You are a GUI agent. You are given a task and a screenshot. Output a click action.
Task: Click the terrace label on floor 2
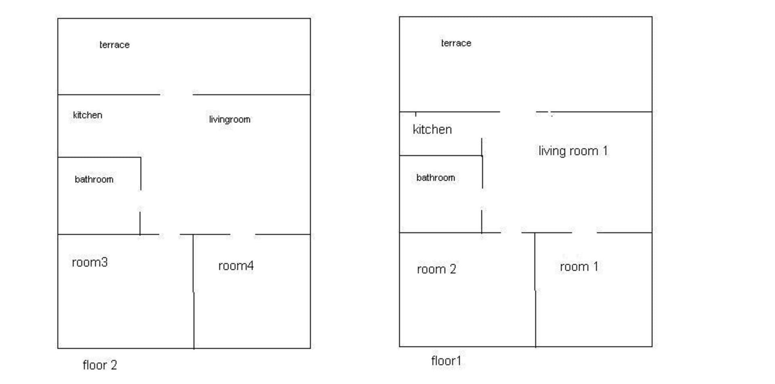click(114, 45)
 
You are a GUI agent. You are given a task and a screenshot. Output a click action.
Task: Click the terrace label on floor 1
click(456, 43)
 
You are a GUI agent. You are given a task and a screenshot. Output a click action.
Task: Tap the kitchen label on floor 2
click(88, 115)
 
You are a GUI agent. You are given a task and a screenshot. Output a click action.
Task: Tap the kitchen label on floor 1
click(432, 129)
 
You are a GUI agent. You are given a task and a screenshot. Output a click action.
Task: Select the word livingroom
click(230, 119)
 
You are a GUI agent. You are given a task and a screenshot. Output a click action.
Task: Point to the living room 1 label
click(573, 151)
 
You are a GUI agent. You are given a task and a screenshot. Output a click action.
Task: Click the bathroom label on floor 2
click(94, 179)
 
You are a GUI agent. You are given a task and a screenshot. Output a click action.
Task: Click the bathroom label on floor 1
click(436, 178)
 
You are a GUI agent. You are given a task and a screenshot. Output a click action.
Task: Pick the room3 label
click(90, 262)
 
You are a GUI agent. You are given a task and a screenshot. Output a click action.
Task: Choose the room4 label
click(236, 266)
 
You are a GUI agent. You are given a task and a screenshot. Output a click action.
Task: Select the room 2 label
click(436, 269)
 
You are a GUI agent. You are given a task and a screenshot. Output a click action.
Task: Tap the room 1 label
click(579, 267)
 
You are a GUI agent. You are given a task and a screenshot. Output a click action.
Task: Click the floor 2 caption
click(100, 365)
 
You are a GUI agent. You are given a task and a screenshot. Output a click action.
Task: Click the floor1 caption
click(446, 361)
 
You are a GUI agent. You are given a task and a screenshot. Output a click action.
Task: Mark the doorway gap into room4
click(243, 234)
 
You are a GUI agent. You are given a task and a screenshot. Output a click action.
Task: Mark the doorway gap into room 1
click(584, 233)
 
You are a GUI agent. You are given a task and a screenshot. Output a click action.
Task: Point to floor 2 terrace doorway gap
click(176, 95)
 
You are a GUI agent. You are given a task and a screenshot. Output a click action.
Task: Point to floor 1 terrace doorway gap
click(518, 112)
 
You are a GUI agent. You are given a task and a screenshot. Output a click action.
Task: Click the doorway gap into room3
click(169, 234)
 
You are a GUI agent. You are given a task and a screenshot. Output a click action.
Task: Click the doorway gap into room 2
click(511, 233)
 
